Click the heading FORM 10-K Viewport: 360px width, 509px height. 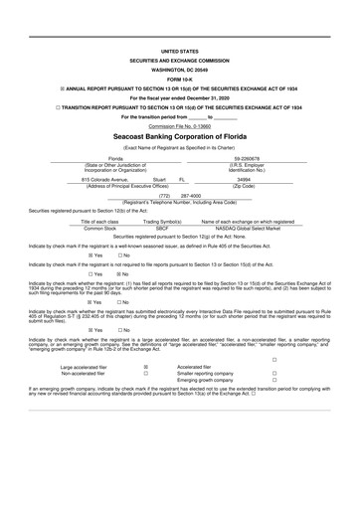pyautogui.click(x=179, y=81)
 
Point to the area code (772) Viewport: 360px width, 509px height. pyautogui.click(x=165, y=196)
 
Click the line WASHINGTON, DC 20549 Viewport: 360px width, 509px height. pyautogui.click(x=179, y=70)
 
